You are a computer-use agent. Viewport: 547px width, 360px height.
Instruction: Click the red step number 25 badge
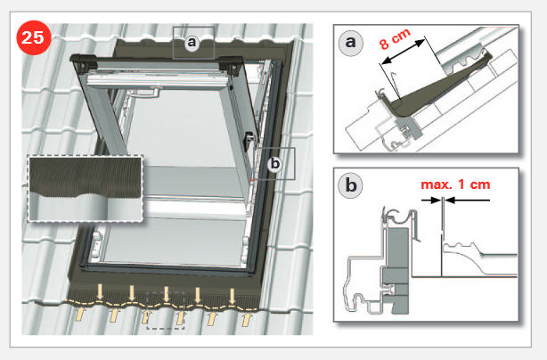click(34, 37)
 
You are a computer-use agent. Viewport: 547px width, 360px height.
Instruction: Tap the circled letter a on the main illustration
click(192, 42)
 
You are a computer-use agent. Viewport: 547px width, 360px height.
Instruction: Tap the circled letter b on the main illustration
click(275, 164)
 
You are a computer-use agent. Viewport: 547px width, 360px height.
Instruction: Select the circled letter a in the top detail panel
click(351, 43)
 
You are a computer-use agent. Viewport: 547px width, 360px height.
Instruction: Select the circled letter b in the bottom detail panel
click(351, 185)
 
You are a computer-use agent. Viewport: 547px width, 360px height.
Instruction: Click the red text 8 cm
click(395, 38)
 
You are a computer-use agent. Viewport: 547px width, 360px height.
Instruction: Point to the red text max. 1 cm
click(455, 184)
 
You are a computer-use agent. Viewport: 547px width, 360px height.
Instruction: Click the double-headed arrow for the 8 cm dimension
click(403, 52)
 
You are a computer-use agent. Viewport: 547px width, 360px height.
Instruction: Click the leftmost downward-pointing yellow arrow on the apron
click(100, 292)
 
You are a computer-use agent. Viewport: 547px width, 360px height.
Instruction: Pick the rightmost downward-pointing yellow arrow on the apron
click(232, 296)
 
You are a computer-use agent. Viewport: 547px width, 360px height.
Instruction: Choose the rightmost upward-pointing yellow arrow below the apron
click(247, 319)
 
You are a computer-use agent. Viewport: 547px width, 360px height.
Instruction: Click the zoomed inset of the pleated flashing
click(86, 189)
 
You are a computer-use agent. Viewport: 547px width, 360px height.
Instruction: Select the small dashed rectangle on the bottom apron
click(166, 310)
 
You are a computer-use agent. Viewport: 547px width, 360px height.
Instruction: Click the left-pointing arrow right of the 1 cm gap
click(467, 200)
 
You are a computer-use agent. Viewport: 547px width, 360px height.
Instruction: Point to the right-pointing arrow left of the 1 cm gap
click(431, 200)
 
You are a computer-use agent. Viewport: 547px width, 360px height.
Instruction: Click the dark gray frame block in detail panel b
click(396, 268)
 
